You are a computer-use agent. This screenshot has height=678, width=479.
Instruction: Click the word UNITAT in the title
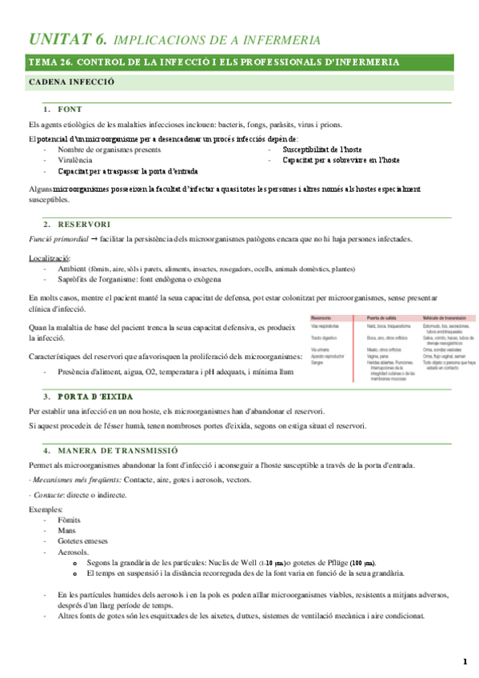57,38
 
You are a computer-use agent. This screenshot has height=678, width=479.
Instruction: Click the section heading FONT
70,109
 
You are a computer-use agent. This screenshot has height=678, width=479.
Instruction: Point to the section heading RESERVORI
84,224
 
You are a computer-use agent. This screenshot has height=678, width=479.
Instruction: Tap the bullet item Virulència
74,160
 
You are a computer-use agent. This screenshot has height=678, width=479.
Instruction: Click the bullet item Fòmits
69,519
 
